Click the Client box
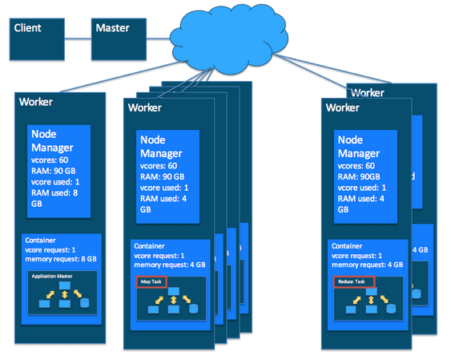click(37, 37)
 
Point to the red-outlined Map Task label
click(151, 282)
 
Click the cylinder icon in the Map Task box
click(191, 309)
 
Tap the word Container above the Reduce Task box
click(346, 245)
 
